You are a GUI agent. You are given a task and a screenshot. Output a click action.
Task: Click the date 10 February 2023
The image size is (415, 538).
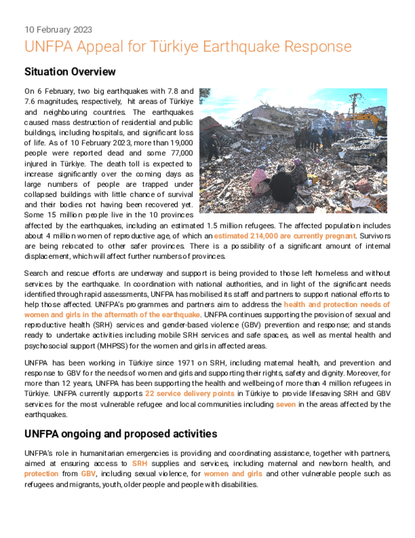pos(58,30)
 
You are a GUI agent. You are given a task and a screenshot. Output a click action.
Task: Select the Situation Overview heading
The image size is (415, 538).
pos(70,71)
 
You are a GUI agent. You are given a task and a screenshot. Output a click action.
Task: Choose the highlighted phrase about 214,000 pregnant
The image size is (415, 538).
pos(285,236)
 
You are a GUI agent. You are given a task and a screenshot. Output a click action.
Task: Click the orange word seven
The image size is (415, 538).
pos(286,404)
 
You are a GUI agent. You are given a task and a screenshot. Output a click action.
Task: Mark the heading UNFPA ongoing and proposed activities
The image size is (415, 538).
pos(121,434)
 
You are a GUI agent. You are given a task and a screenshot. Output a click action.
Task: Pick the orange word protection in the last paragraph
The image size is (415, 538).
pos(41,473)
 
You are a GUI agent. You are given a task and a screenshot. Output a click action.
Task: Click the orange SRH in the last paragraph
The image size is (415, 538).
pos(140,463)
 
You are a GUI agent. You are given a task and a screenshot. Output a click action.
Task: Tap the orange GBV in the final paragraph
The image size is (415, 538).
pos(88,473)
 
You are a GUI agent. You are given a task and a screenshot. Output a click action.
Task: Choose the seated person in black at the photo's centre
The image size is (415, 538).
pos(282,185)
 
